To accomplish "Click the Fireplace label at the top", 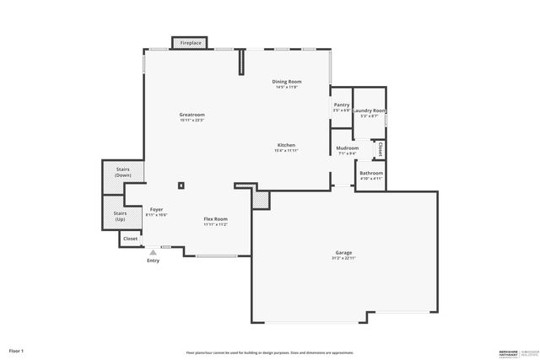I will pos(191,42).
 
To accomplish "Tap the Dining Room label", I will pos(288,82).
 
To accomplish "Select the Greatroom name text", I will pos(192,115).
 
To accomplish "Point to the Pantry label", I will pos(341,105).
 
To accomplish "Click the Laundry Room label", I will pos(370,110).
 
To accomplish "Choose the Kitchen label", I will pos(287,145).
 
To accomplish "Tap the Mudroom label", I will pos(348,148).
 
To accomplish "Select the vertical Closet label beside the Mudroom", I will pos(381,149).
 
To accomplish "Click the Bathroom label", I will pos(371,174).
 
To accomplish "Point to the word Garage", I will pos(343,252).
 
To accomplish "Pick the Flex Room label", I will pos(215,219).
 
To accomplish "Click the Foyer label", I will pos(156,209).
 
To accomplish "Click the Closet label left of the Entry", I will pos(131,239).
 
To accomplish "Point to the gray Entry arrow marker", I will pos(153,251).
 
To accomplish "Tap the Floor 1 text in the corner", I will pos(17,350).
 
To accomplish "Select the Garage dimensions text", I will pos(343,258).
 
